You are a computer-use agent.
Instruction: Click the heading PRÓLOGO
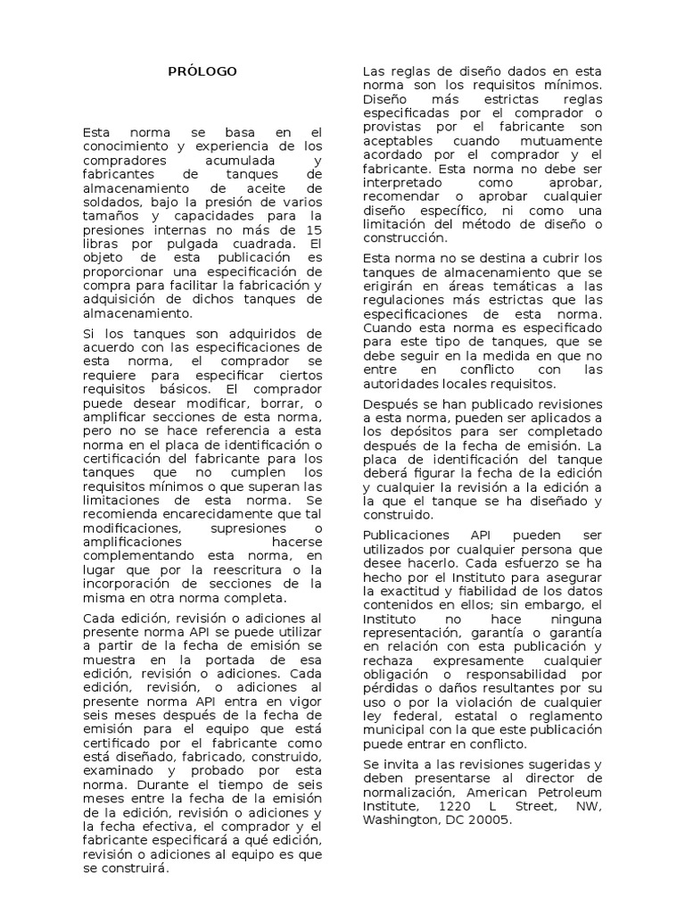[202, 71]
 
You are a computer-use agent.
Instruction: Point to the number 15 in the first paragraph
[314, 229]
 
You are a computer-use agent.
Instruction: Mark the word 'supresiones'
[235, 530]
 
